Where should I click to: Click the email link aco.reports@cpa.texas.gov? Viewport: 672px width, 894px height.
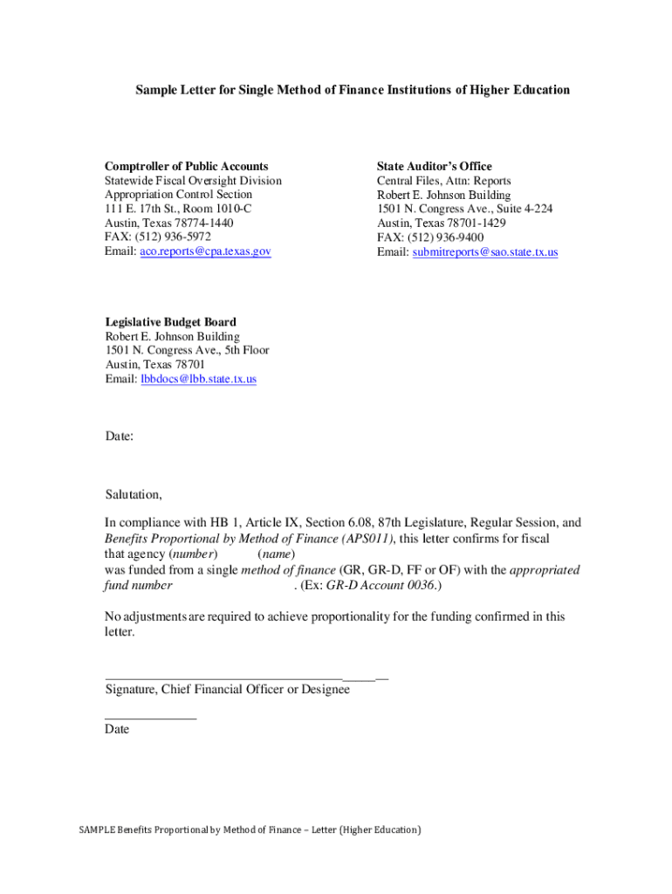tap(205, 251)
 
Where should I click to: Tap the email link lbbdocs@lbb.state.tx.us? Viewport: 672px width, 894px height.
tap(198, 379)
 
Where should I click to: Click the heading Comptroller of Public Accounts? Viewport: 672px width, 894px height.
tap(186, 166)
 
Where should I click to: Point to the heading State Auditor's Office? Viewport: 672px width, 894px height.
tap(434, 166)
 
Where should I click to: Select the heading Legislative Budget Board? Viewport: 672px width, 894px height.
tap(170, 322)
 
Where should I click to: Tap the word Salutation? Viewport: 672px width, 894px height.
tap(132, 494)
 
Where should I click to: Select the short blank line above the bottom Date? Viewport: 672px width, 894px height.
tap(150, 718)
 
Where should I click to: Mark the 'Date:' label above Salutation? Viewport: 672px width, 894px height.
tap(120, 436)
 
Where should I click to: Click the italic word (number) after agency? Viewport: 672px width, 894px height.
tap(193, 554)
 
